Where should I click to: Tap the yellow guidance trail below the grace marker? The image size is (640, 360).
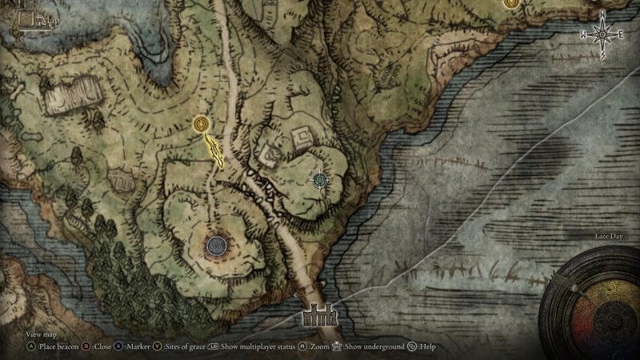point(214,150)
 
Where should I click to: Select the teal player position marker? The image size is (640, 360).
point(322,179)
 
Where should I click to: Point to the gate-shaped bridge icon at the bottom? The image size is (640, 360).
point(320,318)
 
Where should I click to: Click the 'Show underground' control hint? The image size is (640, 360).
point(373,347)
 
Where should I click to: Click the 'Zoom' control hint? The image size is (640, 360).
point(314,347)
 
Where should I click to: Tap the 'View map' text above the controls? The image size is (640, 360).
point(42,334)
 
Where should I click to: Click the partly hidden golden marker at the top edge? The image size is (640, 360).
point(510,3)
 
